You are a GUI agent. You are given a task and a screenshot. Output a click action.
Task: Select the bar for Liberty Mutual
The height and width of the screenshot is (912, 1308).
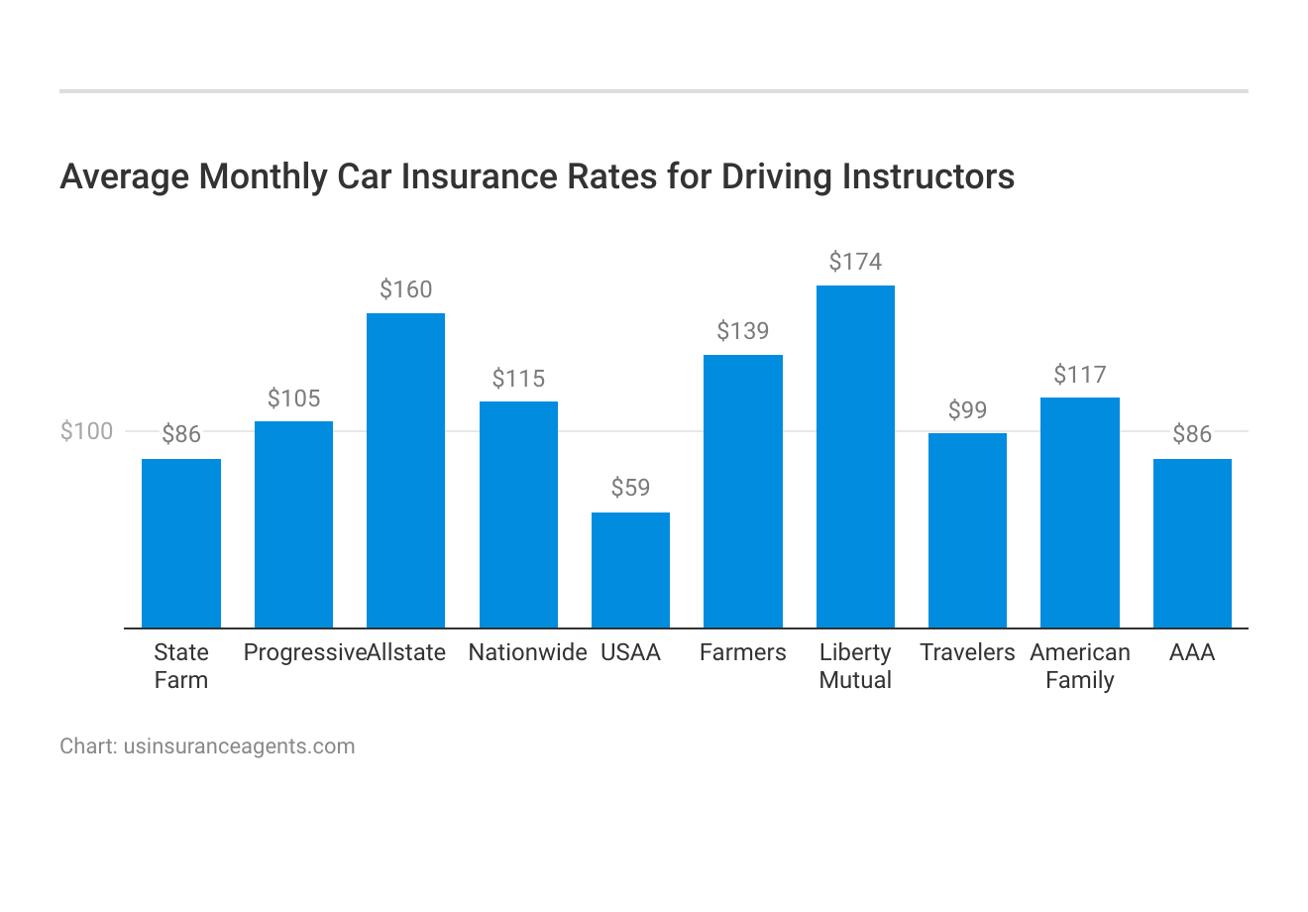coord(855,456)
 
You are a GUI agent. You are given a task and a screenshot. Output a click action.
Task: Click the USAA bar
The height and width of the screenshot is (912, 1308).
coord(630,570)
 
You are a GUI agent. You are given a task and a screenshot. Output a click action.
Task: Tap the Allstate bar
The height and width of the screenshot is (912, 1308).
coord(405,470)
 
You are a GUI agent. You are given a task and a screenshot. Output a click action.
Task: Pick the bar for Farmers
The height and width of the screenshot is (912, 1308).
coord(743,491)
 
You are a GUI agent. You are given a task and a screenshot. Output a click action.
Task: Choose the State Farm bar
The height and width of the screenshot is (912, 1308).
coord(181,543)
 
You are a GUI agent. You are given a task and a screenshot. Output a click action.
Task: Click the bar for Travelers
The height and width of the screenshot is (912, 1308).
coord(967,530)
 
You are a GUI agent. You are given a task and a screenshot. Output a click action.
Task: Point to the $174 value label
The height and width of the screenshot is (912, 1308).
coord(855,262)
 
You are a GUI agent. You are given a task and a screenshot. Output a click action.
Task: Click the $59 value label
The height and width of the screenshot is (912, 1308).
coord(630,488)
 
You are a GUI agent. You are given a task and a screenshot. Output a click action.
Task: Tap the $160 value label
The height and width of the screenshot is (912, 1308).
coord(405,289)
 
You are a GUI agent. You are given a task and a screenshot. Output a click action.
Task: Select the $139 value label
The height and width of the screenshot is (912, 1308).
coord(743,331)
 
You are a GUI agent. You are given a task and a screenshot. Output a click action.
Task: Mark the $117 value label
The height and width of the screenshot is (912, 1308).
coord(1079,375)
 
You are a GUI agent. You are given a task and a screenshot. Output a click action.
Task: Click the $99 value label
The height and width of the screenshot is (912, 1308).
coord(967,410)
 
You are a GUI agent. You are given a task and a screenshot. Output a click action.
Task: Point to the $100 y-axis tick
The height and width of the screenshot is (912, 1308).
coord(87,431)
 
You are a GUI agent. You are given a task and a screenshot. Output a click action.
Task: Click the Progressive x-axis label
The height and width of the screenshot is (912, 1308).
coord(304,652)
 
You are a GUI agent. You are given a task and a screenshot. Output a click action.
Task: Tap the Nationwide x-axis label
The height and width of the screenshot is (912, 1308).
coord(527,652)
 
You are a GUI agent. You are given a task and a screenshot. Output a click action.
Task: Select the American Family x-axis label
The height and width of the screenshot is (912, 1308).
coord(1079,666)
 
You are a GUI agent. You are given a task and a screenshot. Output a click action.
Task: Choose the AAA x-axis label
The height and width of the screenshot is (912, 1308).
coord(1192,652)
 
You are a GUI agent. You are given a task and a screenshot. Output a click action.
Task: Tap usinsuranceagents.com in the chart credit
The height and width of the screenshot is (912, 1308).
coord(239,746)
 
